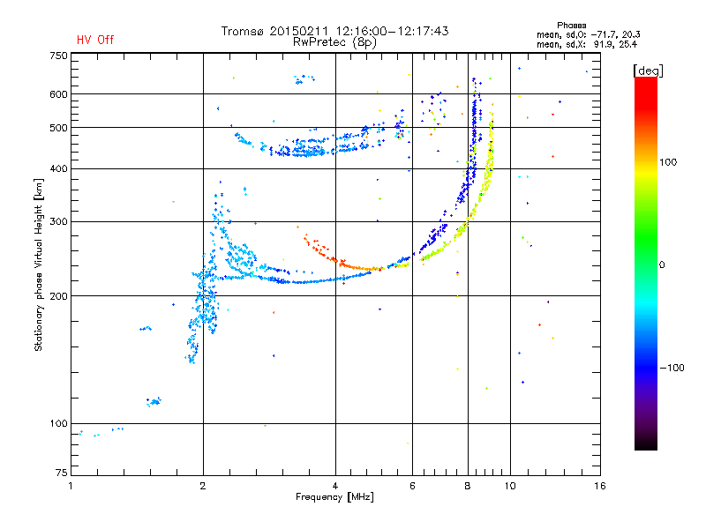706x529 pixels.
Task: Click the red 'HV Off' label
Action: pos(94,40)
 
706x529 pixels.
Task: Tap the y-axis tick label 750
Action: pos(58,56)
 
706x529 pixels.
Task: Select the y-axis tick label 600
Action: pos(58,94)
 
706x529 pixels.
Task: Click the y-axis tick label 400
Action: pos(58,168)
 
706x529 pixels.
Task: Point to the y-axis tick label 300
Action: pos(58,222)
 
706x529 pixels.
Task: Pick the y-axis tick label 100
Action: pos(58,424)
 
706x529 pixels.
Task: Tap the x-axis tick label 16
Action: pos(599,486)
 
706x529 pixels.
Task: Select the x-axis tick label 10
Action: pos(510,486)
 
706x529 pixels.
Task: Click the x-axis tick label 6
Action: pos(412,486)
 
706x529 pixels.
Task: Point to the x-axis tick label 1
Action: pos(71,486)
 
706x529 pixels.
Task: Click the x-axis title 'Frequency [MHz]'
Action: pos(334,497)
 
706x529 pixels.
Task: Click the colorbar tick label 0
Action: pos(663,264)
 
